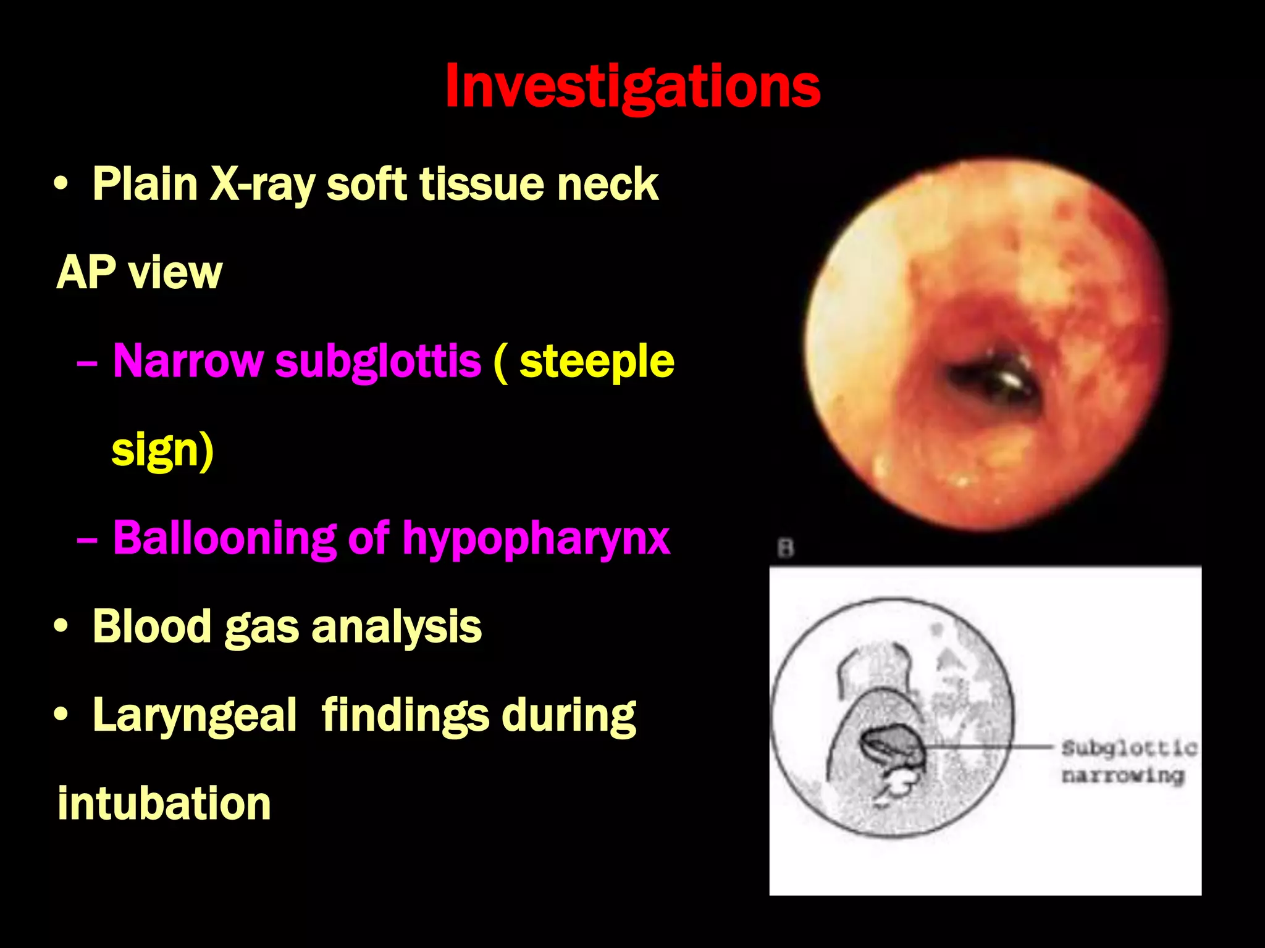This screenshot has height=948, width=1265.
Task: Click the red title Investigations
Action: [x=632, y=86]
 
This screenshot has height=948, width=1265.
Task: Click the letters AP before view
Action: [x=85, y=273]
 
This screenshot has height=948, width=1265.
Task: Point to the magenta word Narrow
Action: [x=188, y=361]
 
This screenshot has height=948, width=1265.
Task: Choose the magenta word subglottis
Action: [x=378, y=361]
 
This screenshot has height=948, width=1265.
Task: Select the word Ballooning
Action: [x=224, y=538]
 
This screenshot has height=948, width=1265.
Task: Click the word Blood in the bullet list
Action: [x=151, y=626]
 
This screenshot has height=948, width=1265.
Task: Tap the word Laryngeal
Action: [x=195, y=715]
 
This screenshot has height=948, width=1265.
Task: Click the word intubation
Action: [x=164, y=804]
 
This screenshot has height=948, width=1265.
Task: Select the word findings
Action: [x=401, y=715]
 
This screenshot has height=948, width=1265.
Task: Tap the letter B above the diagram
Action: [x=785, y=548]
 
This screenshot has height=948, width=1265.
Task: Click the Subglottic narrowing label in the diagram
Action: [x=1128, y=761]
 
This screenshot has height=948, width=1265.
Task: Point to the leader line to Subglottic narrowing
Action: [x=988, y=747]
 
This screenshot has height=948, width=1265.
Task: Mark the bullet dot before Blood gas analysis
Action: [x=61, y=626]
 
